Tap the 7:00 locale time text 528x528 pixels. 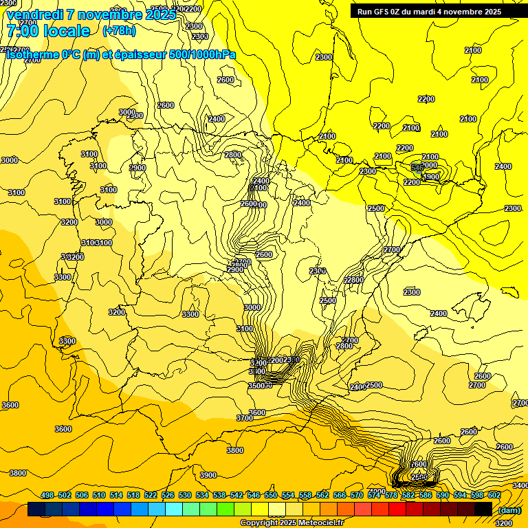[48, 31]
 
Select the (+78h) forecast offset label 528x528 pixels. [119, 31]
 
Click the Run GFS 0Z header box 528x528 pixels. [429, 11]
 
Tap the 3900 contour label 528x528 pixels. [208, 475]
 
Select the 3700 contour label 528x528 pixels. [245, 418]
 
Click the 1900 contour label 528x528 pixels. [430, 177]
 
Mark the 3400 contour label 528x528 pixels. [520, 485]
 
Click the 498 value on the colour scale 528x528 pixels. [47, 495]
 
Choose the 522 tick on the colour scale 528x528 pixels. [151, 495]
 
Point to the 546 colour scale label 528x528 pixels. [254, 495]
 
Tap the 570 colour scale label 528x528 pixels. [357, 495]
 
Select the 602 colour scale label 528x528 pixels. [494, 495]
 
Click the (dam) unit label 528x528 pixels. [509, 509]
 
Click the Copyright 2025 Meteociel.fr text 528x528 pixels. [291, 522]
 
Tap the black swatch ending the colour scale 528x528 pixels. [483, 509]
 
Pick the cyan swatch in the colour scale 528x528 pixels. [174, 509]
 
